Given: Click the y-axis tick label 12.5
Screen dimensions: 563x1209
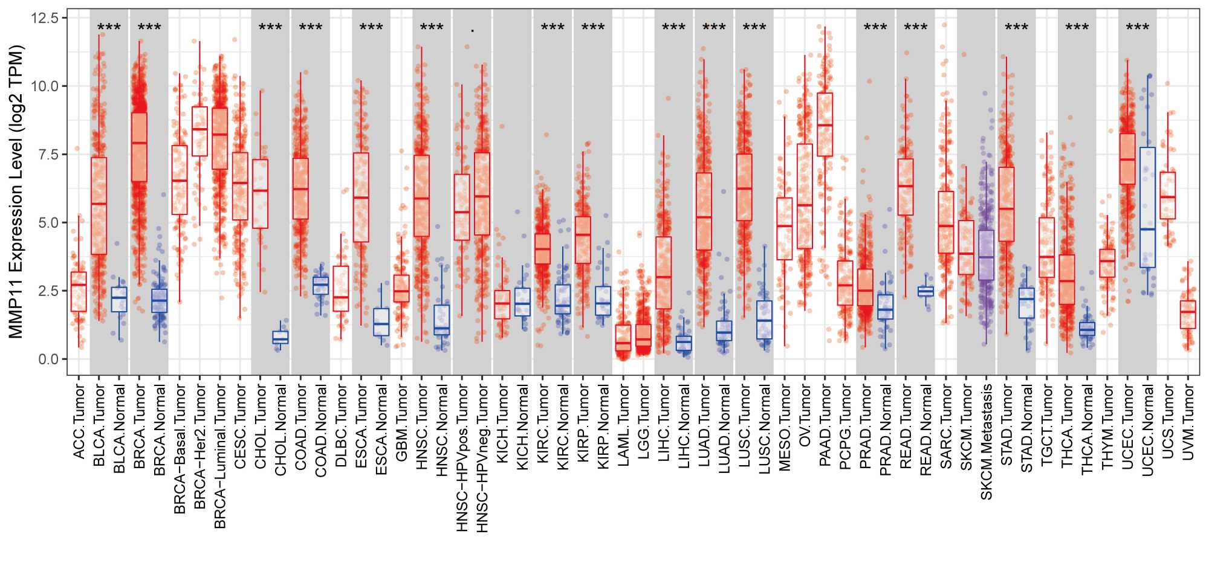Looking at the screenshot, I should (x=45, y=18).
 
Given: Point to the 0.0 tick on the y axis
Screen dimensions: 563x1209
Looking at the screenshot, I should (x=48, y=359).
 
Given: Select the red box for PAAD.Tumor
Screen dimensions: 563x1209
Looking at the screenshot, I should (x=825, y=124).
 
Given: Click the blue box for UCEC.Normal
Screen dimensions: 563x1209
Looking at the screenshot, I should (x=1147, y=207).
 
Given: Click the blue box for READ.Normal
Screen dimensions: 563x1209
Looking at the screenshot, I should (x=925, y=291).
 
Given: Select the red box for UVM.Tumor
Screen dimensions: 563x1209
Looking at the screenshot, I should (x=1188, y=314).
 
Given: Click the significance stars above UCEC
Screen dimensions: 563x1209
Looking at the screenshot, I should (x=1137, y=27).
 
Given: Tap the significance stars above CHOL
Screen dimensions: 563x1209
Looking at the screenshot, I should (x=270, y=27).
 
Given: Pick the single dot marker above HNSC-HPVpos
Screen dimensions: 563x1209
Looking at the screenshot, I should (x=472, y=30).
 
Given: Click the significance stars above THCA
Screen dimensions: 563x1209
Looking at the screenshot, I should (x=1077, y=27).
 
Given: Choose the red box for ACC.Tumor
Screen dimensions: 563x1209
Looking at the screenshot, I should (x=79, y=292).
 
